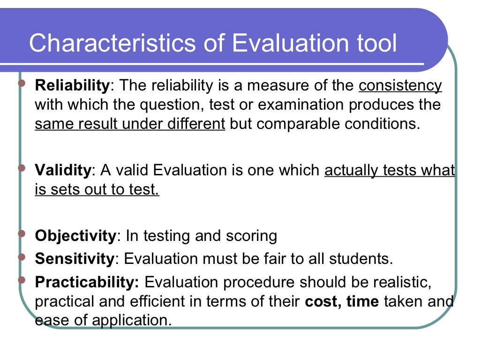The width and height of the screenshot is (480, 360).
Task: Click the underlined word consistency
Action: point(400,86)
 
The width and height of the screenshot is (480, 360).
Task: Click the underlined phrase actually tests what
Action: point(390,170)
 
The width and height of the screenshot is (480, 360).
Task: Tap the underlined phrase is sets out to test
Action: point(97,190)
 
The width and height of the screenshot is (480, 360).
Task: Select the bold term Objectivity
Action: point(75,235)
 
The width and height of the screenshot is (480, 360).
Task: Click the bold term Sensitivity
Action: point(75,258)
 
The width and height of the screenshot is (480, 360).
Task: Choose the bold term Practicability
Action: point(87,282)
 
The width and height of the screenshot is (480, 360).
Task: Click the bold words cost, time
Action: point(342,301)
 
